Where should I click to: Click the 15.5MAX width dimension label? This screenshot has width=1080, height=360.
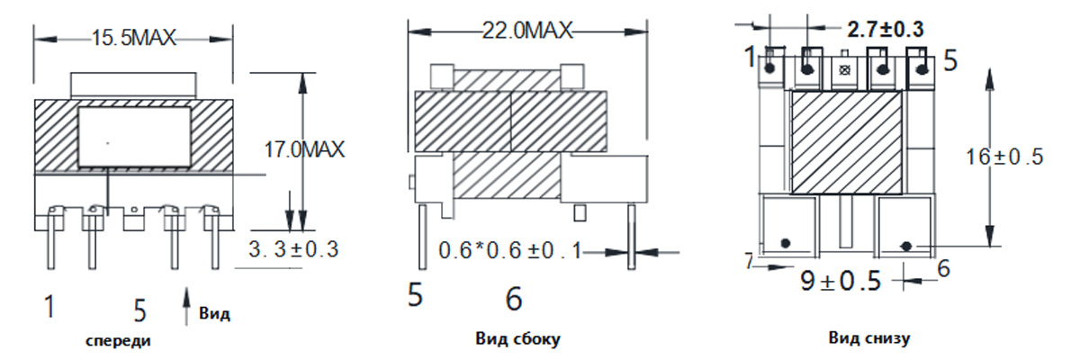click(x=133, y=38)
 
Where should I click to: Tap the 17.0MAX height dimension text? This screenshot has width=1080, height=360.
click(x=305, y=149)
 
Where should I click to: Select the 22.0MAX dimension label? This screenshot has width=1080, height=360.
click(x=527, y=31)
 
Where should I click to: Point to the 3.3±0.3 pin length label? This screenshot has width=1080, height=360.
click(x=293, y=249)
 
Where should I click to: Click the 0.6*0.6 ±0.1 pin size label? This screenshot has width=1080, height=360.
click(x=510, y=250)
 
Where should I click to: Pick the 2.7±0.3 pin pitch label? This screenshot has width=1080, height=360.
click(x=886, y=30)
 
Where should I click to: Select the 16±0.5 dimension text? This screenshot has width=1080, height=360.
click(x=1004, y=157)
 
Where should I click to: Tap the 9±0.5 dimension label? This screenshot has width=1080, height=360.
click(x=841, y=281)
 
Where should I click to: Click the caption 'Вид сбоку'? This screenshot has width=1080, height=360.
click(x=517, y=338)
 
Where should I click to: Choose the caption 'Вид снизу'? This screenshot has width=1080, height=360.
click(x=869, y=337)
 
